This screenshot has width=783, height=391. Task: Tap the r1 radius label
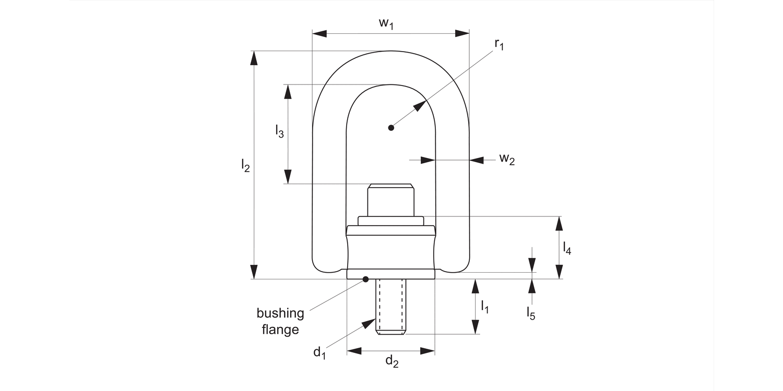tap(500, 45)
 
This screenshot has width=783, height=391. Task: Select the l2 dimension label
tap(245, 166)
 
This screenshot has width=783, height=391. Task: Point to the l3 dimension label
tap(280, 131)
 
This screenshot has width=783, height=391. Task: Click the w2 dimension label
tap(506, 160)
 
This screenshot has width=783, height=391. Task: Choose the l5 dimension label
tap(531, 313)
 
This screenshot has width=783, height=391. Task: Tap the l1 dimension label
tap(485, 307)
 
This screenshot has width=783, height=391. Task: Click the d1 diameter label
tap(319, 352)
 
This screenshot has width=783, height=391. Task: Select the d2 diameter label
tap(392, 361)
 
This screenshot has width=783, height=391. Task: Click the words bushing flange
tap(280, 321)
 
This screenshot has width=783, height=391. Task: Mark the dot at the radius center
tap(391, 127)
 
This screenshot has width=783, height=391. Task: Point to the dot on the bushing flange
tap(366, 279)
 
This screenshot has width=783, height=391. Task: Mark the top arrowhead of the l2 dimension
tap(254, 58)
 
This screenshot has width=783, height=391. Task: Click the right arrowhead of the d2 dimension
tap(428, 351)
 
